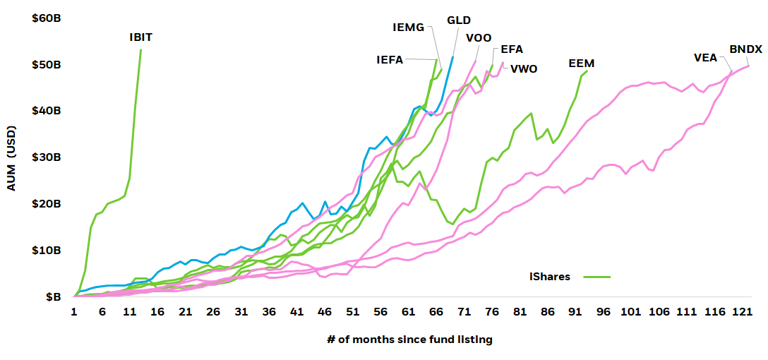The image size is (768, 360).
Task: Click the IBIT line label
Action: pos(140,37)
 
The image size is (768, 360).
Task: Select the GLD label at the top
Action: pos(459,20)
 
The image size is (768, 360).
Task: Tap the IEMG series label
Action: pos(408,28)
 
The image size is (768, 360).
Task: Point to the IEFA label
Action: pos(390,60)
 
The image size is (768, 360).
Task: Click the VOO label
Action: pos(479,38)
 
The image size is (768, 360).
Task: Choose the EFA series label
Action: pos(512,49)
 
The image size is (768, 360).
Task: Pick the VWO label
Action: pos(524,69)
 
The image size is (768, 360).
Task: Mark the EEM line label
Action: pos(582,64)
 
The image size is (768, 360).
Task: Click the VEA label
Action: pos(706,58)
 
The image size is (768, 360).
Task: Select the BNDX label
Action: pos(745,49)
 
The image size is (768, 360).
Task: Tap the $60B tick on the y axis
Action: pos(46,18)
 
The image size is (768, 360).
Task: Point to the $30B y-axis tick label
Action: pos(46,157)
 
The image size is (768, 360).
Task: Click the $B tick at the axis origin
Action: pos(52,297)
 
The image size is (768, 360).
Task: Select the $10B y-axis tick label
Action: pos(46,251)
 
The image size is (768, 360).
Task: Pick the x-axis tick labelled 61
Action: pos(408,312)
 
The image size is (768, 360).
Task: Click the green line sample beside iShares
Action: pos(596,277)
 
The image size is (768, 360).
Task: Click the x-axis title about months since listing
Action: pos(409,340)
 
